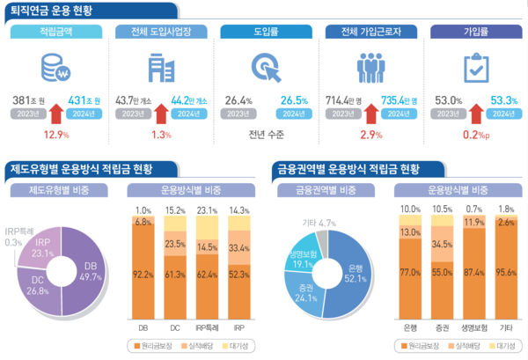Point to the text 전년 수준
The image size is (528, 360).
coord(264,135)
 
